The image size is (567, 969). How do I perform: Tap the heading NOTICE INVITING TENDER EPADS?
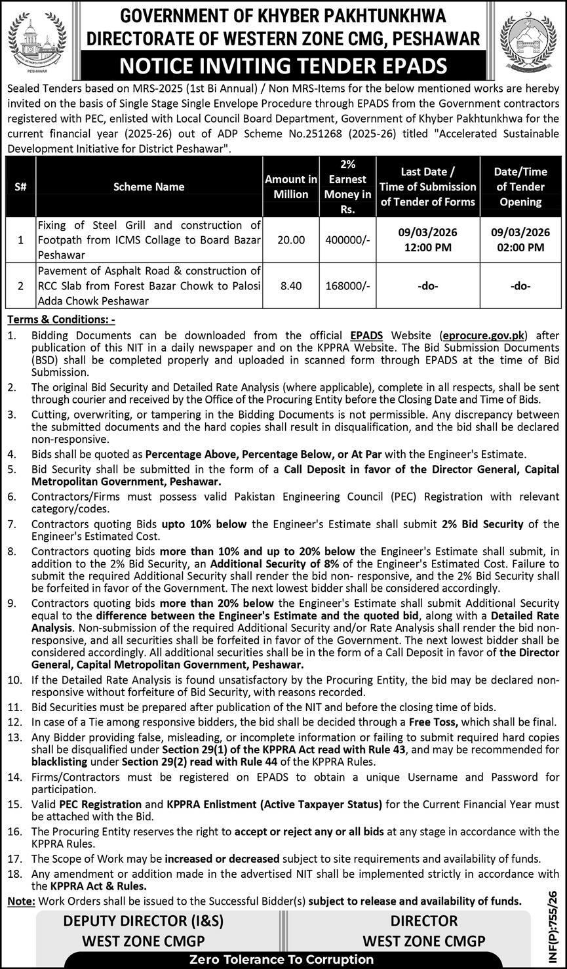tap(283, 66)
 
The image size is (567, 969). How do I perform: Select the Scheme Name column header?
tap(149, 187)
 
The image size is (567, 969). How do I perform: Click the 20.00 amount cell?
tap(291, 240)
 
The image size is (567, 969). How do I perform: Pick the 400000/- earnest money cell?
tap(347, 240)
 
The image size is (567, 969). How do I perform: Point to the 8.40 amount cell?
tap(291, 286)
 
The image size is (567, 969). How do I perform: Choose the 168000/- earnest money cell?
tap(347, 286)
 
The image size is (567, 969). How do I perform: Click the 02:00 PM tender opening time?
tap(520, 247)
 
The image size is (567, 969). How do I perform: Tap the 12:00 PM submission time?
tap(428, 247)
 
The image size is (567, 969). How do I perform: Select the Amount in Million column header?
tap(291, 187)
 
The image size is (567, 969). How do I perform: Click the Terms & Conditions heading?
tap(61, 320)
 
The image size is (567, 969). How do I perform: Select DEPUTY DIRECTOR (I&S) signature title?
tap(143, 920)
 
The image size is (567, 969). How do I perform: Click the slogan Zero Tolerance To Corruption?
tap(283, 959)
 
